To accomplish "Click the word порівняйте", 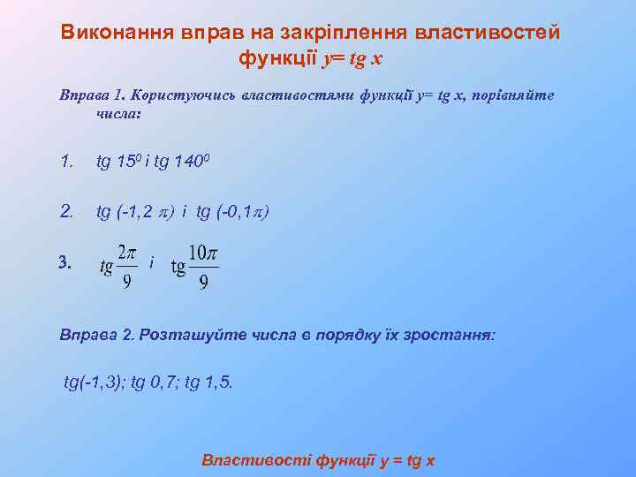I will coord(513,95).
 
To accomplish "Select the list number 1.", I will coord(65,162).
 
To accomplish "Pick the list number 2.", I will coord(66,211).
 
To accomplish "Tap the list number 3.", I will coord(64,262).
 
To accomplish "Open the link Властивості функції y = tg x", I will coord(318,460).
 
